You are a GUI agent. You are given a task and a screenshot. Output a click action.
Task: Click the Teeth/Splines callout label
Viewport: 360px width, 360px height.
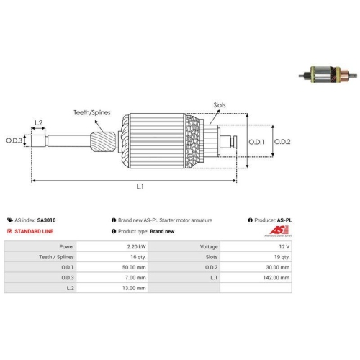91,112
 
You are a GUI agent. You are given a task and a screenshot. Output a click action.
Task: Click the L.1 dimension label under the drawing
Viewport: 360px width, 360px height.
139,187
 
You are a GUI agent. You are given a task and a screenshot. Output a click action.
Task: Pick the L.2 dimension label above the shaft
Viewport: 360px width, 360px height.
39,122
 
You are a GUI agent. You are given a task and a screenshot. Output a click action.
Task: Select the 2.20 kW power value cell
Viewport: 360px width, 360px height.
130,246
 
